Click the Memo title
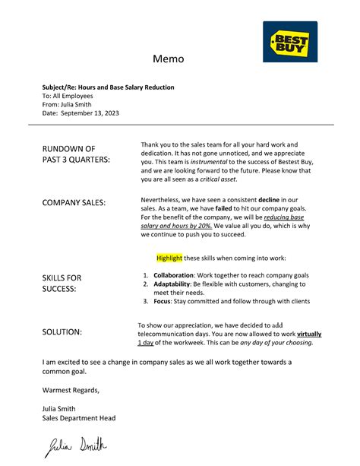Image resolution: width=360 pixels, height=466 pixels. (169, 59)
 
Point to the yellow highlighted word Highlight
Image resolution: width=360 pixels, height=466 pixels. (169, 258)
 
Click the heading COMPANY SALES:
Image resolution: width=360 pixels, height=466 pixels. (74, 202)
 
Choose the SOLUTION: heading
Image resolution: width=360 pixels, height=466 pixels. (62, 332)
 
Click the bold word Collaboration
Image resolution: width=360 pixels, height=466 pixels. (173, 274)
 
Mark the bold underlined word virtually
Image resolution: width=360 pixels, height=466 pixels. (309, 334)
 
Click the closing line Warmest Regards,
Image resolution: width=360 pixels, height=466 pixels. (71, 390)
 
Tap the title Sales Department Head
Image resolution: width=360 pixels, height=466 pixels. (79, 417)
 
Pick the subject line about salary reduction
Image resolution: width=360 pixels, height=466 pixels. (108, 87)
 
